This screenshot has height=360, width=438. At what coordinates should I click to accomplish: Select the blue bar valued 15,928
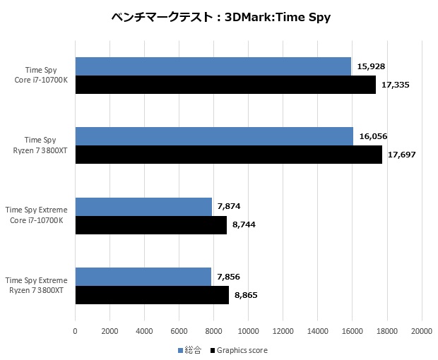[x=213, y=66]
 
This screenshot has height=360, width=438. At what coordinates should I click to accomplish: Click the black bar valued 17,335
[x=225, y=85]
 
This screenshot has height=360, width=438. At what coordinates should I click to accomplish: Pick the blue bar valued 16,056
[x=214, y=136]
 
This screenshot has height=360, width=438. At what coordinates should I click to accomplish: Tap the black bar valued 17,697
[x=228, y=155]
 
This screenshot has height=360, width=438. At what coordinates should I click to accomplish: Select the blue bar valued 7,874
[x=143, y=206]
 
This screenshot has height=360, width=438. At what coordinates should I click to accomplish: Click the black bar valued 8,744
[x=150, y=224]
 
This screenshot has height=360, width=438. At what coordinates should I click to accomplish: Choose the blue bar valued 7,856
[x=143, y=276]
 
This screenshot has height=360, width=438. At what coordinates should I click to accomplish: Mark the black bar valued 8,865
[x=152, y=294]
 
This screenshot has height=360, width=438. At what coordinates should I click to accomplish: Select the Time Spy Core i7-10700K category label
[x=41, y=76]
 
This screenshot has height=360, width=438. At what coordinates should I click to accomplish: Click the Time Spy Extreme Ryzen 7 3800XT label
[x=36, y=285]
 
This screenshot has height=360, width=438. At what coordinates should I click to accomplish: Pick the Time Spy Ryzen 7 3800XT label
[x=40, y=145]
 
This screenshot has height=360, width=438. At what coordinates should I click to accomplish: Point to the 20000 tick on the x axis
[x=422, y=330]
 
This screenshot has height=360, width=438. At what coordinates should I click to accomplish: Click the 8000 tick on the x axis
[x=213, y=330]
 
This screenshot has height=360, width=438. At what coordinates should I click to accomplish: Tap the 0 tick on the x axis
[x=75, y=330]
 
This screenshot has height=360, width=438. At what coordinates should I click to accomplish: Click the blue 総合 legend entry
[x=189, y=350]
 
